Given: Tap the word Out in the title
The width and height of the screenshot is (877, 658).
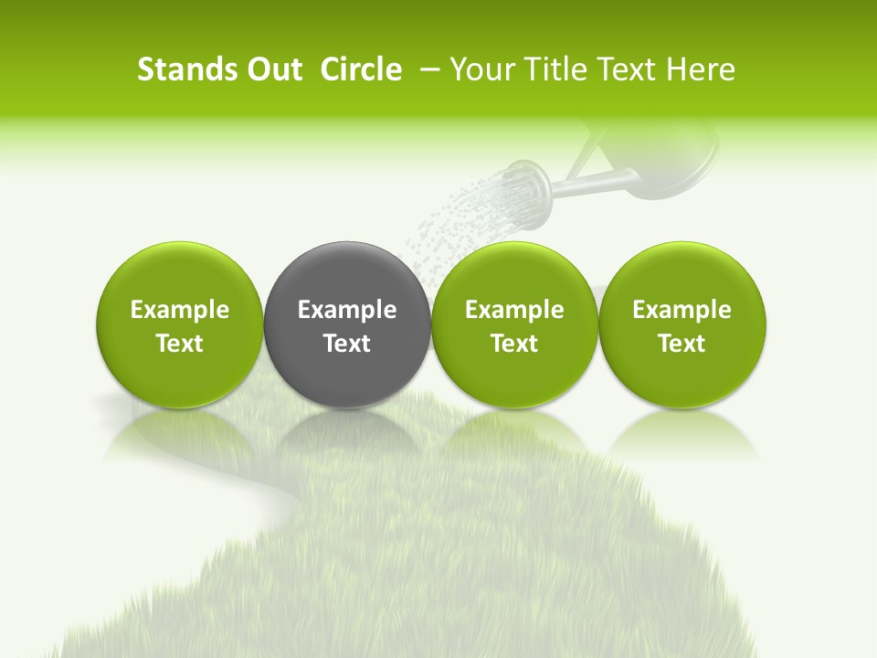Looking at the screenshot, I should click(271, 69).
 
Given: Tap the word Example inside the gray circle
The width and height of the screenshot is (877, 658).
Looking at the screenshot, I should click(347, 310).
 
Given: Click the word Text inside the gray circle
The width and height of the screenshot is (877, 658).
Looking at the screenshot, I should click(347, 344).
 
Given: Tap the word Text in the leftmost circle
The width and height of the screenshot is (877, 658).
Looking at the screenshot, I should click(180, 344).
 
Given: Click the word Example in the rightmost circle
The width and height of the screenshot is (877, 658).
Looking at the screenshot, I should click(682, 310).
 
